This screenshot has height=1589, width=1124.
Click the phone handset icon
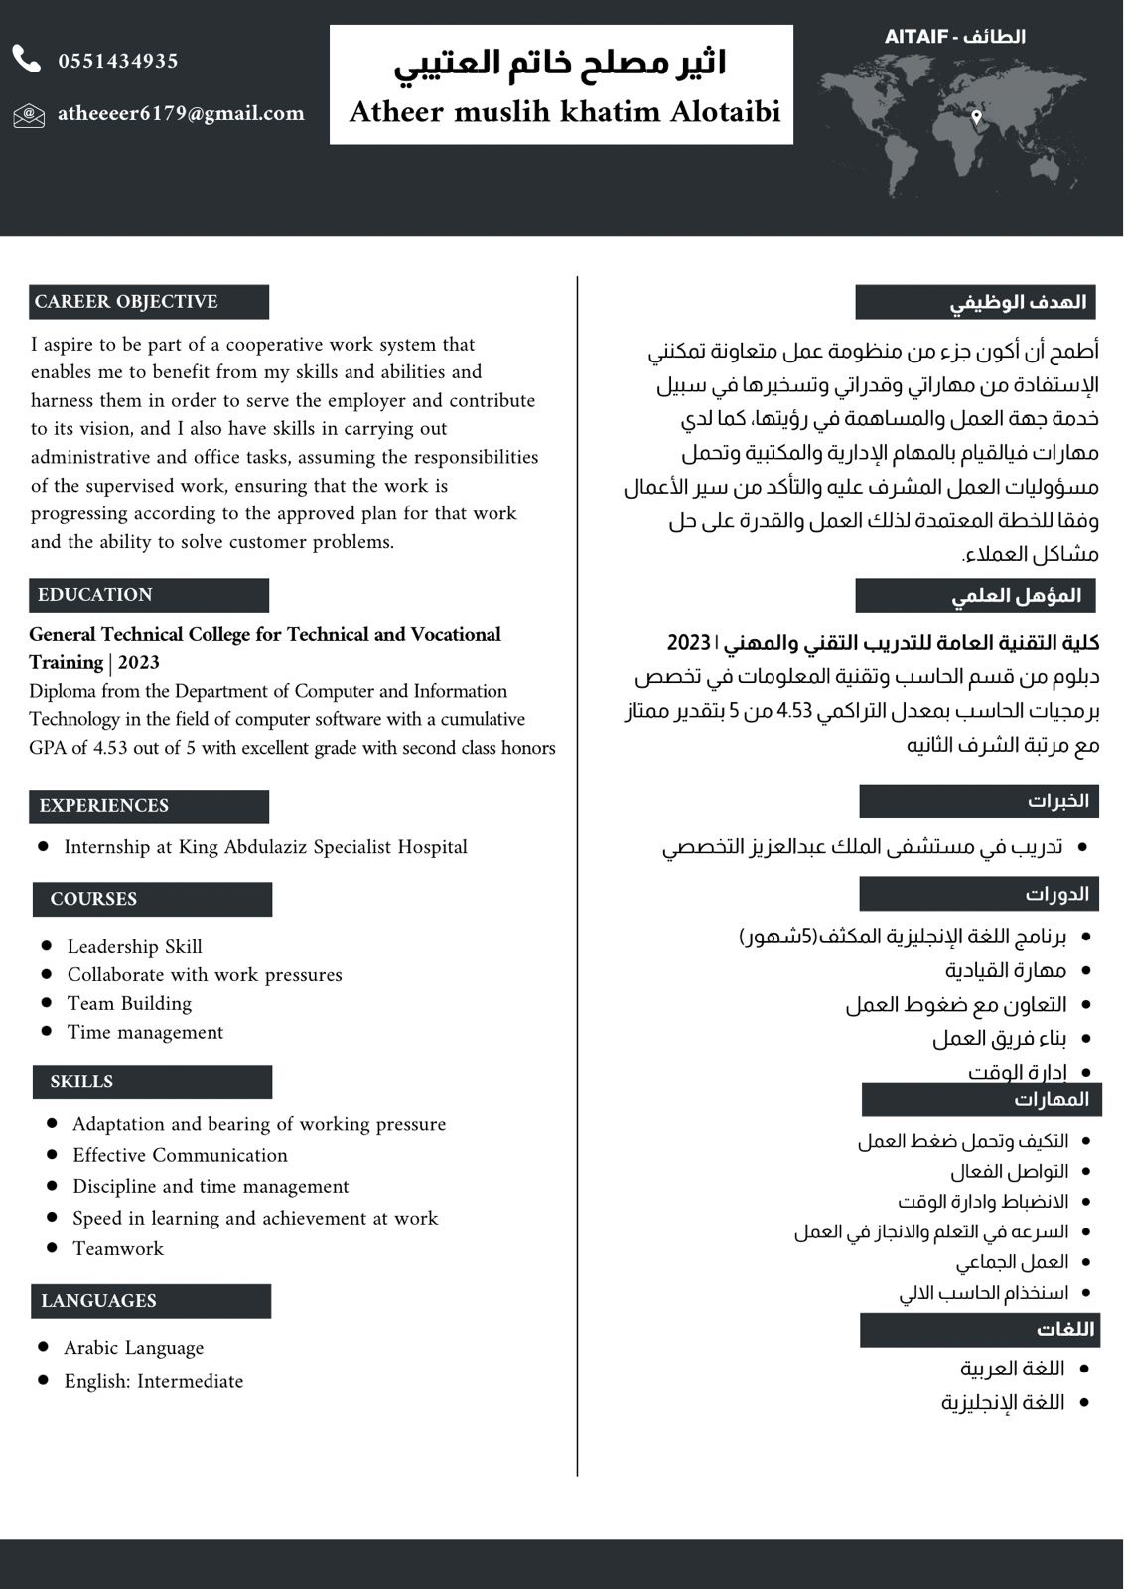[27, 60]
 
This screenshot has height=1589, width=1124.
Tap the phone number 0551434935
[118, 61]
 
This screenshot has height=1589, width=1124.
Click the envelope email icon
[28, 115]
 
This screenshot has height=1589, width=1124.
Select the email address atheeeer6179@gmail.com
[181, 113]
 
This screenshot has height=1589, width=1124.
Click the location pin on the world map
[976, 117]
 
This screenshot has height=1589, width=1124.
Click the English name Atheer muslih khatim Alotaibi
[564, 111]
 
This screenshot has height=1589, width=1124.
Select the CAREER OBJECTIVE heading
[126, 302]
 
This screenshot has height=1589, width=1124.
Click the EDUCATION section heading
[95, 595]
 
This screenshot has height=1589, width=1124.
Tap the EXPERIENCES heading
[104, 806]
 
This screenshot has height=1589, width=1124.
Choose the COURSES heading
[93, 899]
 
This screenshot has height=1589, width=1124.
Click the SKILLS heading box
[81, 1082]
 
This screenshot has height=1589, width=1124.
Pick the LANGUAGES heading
[98, 1301]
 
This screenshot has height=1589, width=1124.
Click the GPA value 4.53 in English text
[111, 748]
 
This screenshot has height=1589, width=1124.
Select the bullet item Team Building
[129, 1004]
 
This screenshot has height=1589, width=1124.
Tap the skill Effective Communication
[180, 1155]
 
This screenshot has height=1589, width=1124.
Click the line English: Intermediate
[153, 1381]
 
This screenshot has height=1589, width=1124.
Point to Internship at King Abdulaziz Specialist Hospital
[265, 847]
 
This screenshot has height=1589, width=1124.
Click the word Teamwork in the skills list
[118, 1249]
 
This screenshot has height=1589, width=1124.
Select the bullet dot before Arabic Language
[43, 1347]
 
